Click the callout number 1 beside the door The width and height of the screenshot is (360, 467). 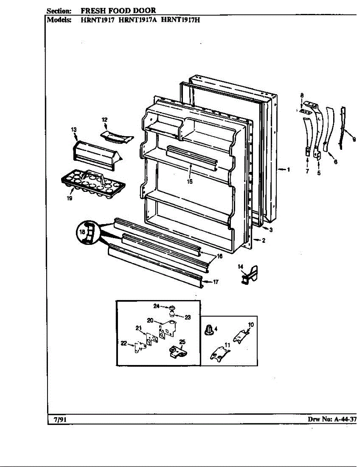[x=288, y=169]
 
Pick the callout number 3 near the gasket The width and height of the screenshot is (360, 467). [x=270, y=230]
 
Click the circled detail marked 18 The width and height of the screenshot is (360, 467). [x=88, y=232]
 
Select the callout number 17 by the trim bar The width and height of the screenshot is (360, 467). [x=216, y=282]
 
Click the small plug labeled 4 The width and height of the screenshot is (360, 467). [x=210, y=330]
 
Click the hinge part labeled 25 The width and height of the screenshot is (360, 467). [x=176, y=351]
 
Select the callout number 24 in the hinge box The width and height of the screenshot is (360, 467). [x=156, y=306]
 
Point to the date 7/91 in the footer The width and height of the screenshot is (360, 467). [x=58, y=419]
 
